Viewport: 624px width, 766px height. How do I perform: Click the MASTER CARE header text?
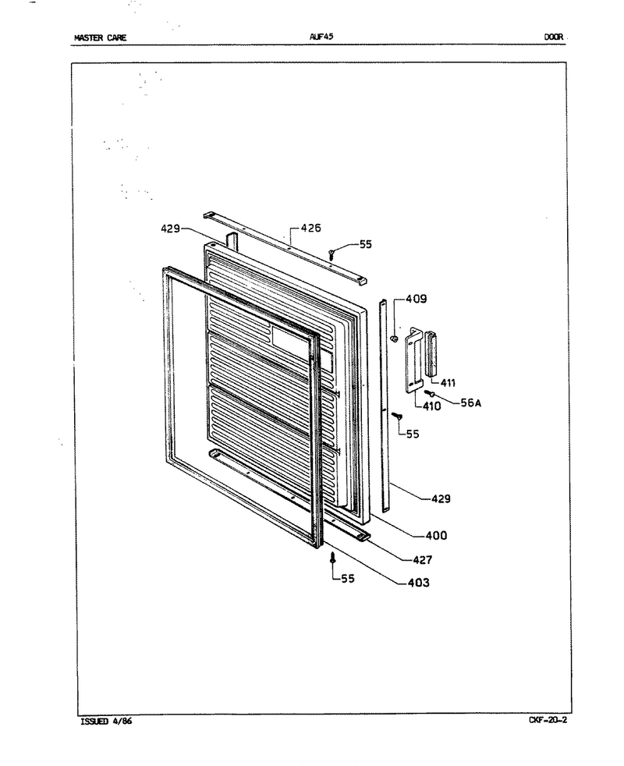click(x=100, y=37)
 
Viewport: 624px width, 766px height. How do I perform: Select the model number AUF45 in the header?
click(x=321, y=37)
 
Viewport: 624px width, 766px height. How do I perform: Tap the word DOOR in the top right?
click(x=554, y=37)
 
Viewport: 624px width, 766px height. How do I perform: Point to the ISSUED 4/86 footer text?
click(x=105, y=721)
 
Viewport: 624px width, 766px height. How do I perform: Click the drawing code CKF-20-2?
click(x=548, y=720)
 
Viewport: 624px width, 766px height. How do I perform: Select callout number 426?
click(x=310, y=228)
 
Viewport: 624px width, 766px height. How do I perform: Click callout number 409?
click(x=416, y=299)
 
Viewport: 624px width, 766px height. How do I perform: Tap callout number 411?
click(x=448, y=383)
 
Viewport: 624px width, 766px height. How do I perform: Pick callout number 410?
click(x=431, y=406)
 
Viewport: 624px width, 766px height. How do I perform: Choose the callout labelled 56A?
click(x=470, y=403)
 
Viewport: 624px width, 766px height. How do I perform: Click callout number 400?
click(x=436, y=536)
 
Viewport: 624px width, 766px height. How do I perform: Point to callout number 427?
click(x=422, y=560)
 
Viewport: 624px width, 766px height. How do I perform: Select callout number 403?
click(x=419, y=583)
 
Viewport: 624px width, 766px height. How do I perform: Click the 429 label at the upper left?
click(x=171, y=229)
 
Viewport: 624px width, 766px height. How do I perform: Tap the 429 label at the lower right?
click(x=441, y=498)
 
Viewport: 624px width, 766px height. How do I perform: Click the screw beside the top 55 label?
click(x=331, y=254)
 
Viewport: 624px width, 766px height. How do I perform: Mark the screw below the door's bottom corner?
click(x=332, y=558)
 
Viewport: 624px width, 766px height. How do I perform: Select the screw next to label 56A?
click(x=430, y=393)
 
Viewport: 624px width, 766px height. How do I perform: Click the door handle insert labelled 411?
click(x=431, y=353)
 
